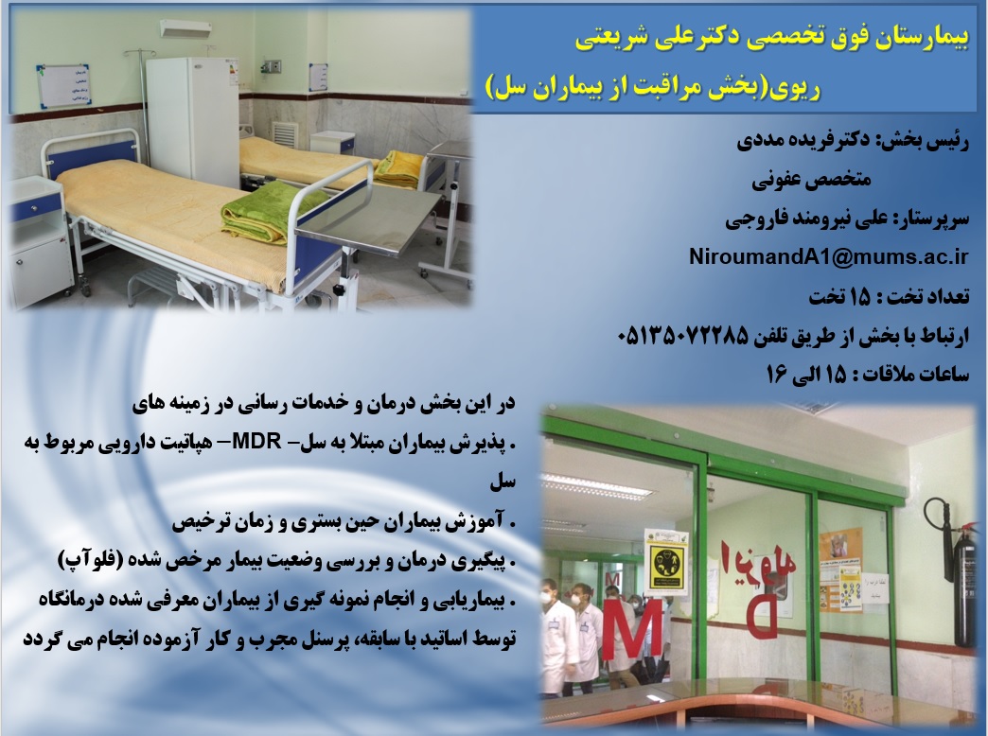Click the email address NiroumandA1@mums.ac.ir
(829, 257)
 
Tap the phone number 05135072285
(683, 336)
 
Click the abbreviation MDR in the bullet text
(256, 442)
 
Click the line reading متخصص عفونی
(811, 181)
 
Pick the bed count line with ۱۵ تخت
(889, 296)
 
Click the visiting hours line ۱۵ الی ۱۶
(868, 375)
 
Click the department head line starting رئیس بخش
(854, 141)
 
